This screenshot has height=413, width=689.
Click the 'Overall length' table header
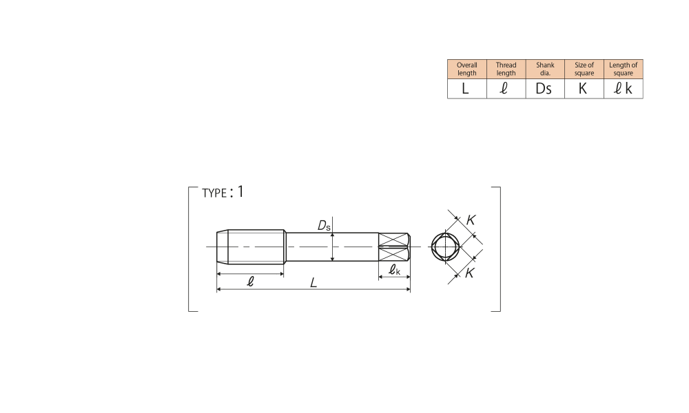pyautogui.click(x=466, y=69)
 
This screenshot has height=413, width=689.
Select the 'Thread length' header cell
pyautogui.click(x=506, y=69)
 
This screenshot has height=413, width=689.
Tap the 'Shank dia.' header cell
pyautogui.click(x=545, y=69)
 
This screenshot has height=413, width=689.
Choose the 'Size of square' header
pyautogui.click(x=584, y=69)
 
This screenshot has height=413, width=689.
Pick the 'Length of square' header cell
pyautogui.click(x=623, y=69)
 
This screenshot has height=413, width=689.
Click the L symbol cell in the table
pyautogui.click(x=466, y=89)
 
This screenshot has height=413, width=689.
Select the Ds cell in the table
pyautogui.click(x=545, y=89)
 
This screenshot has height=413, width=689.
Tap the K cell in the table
pyautogui.click(x=584, y=89)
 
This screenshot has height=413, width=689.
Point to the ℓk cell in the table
pyautogui.click(x=623, y=89)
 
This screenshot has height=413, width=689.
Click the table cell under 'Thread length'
pyautogui.click(x=506, y=89)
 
